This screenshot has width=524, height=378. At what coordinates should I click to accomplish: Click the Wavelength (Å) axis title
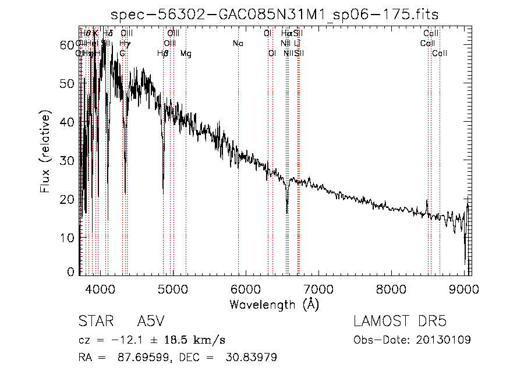274,304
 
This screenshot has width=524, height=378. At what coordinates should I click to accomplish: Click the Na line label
238,44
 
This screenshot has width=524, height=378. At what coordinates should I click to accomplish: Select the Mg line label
185,54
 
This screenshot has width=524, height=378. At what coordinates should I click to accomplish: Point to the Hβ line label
163,54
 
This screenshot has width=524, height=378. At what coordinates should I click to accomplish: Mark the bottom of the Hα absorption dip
286,212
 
